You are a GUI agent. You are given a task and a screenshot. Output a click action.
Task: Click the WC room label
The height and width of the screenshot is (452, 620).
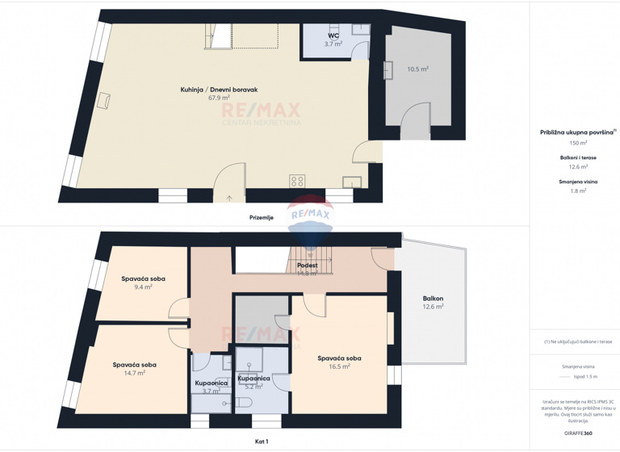point(333,36)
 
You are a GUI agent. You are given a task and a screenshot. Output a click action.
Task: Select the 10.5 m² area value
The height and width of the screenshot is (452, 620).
point(417,69)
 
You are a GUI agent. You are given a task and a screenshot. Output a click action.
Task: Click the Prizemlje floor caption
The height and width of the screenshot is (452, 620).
point(261,217)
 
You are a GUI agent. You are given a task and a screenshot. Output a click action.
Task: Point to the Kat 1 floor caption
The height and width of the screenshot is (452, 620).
point(261,442)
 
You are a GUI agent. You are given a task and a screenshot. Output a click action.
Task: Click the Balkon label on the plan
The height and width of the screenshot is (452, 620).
point(434,299)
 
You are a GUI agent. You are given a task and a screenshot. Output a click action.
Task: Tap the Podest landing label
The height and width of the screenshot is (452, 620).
point(307,265)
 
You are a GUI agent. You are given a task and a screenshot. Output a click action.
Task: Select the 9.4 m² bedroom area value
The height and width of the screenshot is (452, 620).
point(144,287)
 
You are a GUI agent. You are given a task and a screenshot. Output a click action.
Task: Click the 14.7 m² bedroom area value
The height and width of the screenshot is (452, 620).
point(135,373)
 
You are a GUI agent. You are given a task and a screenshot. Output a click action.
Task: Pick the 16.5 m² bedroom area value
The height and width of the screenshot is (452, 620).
point(339,366)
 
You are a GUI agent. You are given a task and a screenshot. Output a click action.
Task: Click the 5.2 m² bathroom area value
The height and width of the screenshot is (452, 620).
point(253,387)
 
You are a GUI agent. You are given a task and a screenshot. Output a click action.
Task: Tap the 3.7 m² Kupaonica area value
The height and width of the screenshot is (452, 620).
point(211,391)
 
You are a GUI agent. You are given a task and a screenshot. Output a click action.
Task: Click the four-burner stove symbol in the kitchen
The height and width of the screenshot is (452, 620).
point(297,181)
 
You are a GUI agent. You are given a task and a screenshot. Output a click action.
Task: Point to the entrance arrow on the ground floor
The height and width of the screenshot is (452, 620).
point(229,197)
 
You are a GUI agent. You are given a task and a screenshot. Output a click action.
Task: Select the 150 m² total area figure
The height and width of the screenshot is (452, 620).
point(578,143)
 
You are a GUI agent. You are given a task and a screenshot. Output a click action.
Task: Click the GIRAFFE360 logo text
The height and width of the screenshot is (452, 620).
point(576,433)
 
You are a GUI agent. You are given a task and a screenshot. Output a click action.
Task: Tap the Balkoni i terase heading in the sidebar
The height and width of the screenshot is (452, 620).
point(578,158)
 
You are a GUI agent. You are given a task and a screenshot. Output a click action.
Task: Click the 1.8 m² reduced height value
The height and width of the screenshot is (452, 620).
point(578,191)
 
